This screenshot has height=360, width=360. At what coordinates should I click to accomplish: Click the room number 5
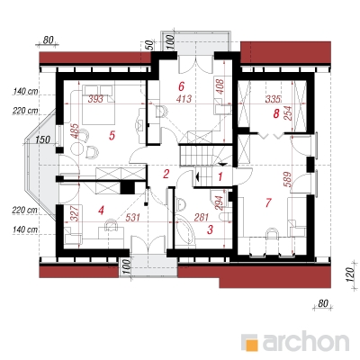[112, 135]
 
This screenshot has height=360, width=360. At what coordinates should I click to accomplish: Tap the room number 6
[181, 86]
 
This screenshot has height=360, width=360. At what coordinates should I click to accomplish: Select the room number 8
[276, 113]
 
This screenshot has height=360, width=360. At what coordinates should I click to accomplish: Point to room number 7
[268, 202]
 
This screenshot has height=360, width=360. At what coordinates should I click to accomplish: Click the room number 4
[101, 211]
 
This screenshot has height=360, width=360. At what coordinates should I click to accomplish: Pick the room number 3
[210, 229]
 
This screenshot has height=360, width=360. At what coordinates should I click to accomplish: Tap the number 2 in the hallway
[166, 174]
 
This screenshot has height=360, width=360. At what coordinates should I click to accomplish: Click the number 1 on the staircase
[220, 176]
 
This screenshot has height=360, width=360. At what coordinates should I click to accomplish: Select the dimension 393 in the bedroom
[95, 98]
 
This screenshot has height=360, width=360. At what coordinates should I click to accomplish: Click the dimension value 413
[184, 98]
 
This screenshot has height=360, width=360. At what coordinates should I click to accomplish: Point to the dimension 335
[273, 98]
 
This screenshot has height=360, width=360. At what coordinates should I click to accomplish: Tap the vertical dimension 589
[287, 179]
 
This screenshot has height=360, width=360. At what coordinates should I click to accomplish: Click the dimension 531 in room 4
[132, 217]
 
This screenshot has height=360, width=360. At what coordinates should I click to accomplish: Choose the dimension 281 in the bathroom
[201, 217]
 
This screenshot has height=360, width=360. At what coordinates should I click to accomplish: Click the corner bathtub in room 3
[185, 229]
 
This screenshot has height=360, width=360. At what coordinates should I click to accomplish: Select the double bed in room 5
[98, 104]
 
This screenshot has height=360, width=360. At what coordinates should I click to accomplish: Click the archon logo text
[306, 341]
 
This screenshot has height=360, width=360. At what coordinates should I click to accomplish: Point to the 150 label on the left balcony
[42, 139]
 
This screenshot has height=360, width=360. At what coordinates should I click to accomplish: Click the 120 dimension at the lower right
[349, 274]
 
